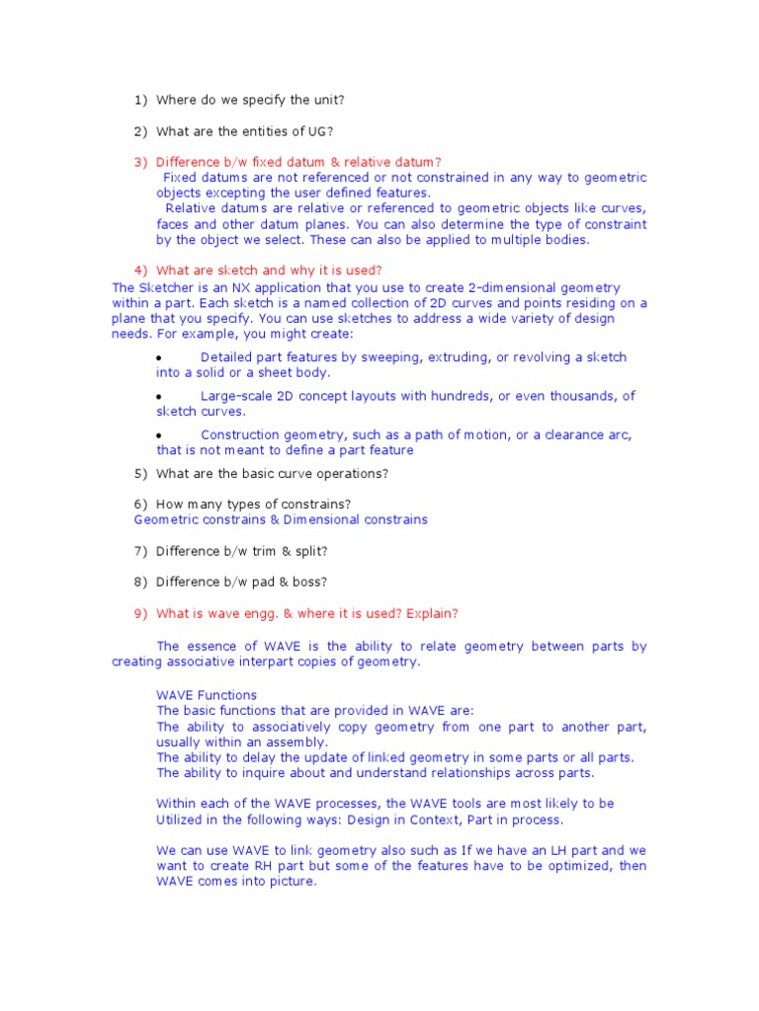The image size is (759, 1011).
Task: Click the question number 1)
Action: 140,100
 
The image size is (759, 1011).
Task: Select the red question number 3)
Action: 140,162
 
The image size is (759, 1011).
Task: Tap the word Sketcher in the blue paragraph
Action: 164,287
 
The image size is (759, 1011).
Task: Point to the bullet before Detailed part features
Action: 160,358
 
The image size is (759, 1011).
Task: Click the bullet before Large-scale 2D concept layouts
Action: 160,397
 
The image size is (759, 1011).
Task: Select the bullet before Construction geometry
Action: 160,435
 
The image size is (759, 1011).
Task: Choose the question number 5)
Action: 140,473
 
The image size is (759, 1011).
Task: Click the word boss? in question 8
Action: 308,582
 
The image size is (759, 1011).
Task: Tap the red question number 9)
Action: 140,613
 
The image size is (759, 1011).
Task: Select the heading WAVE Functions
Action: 207,695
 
